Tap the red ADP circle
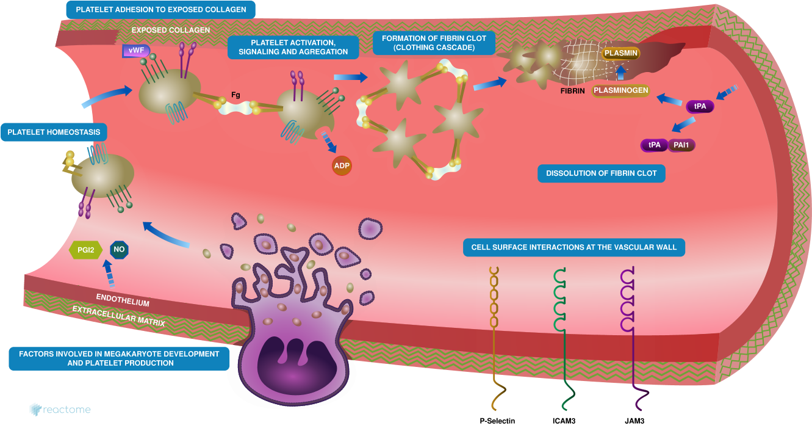click(342, 165)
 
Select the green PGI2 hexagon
click(85, 249)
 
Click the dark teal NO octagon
click(119, 249)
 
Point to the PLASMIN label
click(620, 53)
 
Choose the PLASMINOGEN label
click(620, 91)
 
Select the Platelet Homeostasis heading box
click(54, 132)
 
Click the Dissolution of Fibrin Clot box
click(601, 173)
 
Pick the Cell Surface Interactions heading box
click(574, 248)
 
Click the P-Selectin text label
click(497, 421)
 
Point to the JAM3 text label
click(634, 421)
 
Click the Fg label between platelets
click(235, 95)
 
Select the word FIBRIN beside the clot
click(573, 91)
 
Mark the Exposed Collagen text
click(171, 30)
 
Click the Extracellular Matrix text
click(118, 316)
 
